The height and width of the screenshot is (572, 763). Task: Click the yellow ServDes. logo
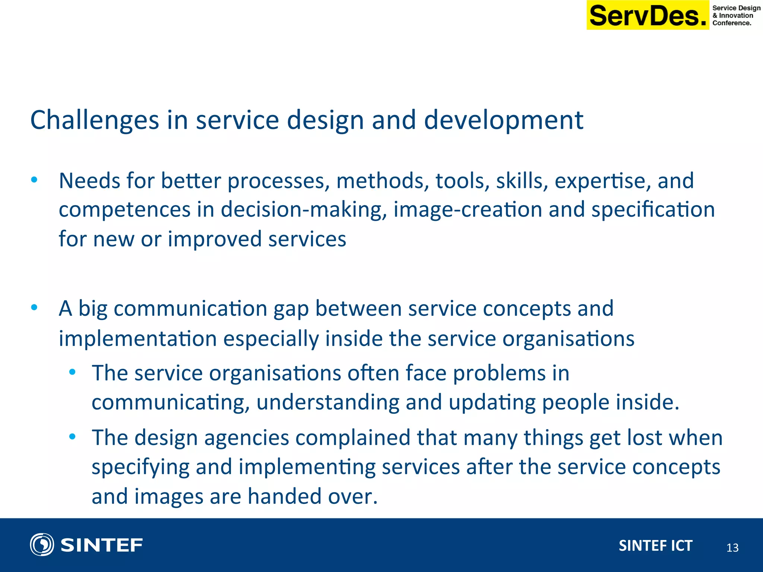[648, 16]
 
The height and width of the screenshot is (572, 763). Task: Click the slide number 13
[732, 547]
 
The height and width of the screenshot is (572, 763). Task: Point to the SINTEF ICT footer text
[655, 546]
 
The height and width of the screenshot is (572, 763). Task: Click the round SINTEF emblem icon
[42, 544]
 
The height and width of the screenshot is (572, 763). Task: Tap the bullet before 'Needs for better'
[34, 180]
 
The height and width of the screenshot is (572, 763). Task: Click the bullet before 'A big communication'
[34, 308]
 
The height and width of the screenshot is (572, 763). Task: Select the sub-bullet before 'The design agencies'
[72, 436]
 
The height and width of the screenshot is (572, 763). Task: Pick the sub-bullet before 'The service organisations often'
[72, 372]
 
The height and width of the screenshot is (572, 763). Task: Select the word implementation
[138, 339]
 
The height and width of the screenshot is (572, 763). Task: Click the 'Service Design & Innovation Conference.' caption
[736, 15]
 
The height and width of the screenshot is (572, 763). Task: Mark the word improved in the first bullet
[215, 239]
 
